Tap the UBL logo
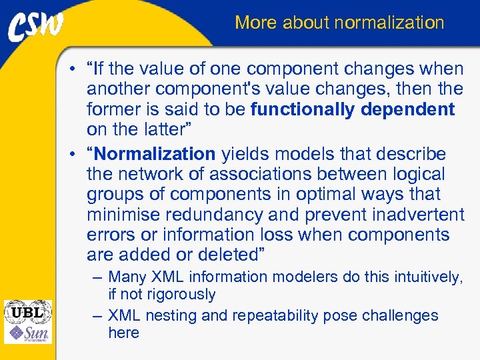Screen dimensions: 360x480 (27, 311)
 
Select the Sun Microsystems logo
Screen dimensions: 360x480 (27, 333)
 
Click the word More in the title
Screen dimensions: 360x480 (256, 23)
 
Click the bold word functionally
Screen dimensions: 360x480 (301, 109)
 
